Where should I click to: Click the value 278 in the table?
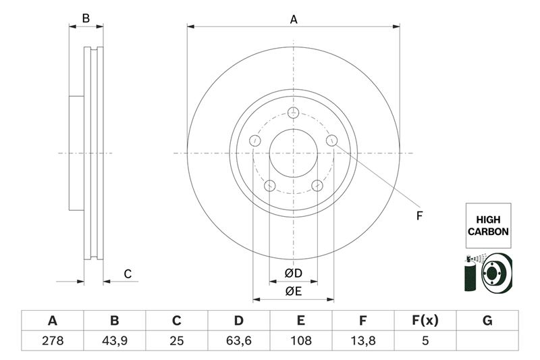click(52, 341)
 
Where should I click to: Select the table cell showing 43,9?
click(114, 341)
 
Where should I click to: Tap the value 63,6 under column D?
click(238, 341)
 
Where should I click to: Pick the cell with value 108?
click(300, 341)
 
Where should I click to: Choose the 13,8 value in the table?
click(362, 341)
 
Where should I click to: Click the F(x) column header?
click(425, 321)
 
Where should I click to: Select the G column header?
click(487, 321)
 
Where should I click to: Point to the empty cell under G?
click(487, 341)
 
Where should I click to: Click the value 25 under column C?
click(176, 341)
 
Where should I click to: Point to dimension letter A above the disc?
click(294, 20)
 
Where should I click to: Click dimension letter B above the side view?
click(86, 18)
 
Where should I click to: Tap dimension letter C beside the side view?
click(127, 274)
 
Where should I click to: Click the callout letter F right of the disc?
click(418, 216)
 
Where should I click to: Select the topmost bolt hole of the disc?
click(293, 113)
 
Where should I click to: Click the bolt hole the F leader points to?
click(331, 140)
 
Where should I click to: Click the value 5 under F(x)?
click(425, 341)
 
